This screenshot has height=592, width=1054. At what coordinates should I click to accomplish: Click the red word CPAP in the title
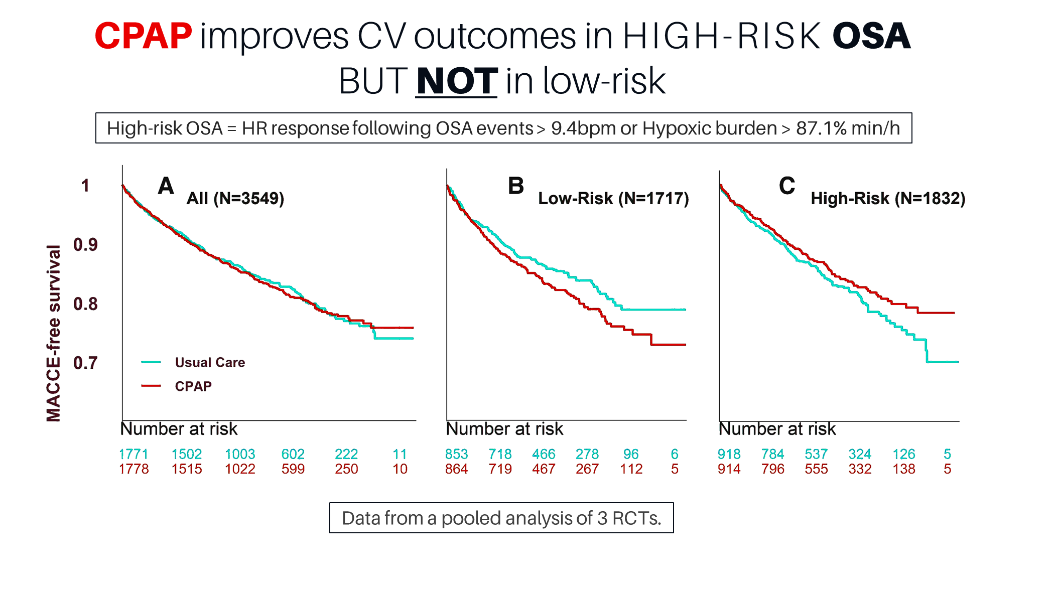pyautogui.click(x=144, y=36)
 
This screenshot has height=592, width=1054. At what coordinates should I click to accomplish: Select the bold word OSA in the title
pyautogui.click(x=871, y=36)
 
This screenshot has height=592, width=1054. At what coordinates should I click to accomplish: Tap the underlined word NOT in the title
pyautogui.click(x=457, y=81)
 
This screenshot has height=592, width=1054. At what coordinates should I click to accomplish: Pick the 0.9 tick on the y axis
pyautogui.click(x=86, y=245)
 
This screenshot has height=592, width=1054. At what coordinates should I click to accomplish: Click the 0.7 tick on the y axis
pyautogui.click(x=86, y=363)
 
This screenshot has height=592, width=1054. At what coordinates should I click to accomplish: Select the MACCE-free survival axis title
pyautogui.click(x=53, y=333)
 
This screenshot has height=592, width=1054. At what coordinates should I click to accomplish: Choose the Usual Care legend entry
pyautogui.click(x=210, y=362)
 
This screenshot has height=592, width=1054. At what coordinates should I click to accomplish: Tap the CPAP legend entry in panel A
pyautogui.click(x=193, y=386)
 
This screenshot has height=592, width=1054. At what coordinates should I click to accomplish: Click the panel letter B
pyautogui.click(x=516, y=186)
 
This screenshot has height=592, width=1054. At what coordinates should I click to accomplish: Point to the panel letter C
pyautogui.click(x=786, y=186)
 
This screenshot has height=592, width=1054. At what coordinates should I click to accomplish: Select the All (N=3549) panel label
pyautogui.click(x=235, y=199)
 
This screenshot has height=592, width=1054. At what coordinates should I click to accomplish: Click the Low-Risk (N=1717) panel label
pyautogui.click(x=613, y=199)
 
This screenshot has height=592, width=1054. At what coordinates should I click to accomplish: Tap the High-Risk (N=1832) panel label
pyautogui.click(x=888, y=199)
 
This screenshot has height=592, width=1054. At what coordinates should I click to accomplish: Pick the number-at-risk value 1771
pyautogui.click(x=134, y=454)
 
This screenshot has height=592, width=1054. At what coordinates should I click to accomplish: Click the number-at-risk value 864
pyautogui.click(x=456, y=469)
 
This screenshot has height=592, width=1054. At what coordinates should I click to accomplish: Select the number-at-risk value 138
pyautogui.click(x=904, y=469)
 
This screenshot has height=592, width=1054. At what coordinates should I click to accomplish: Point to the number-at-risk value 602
pyautogui.click(x=293, y=454)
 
